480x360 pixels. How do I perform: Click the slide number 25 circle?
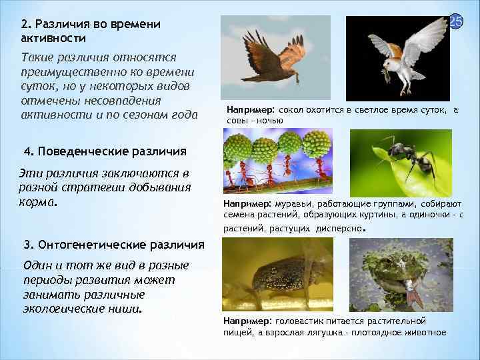(x=456, y=23)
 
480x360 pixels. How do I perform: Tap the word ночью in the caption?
(x=270, y=120)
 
